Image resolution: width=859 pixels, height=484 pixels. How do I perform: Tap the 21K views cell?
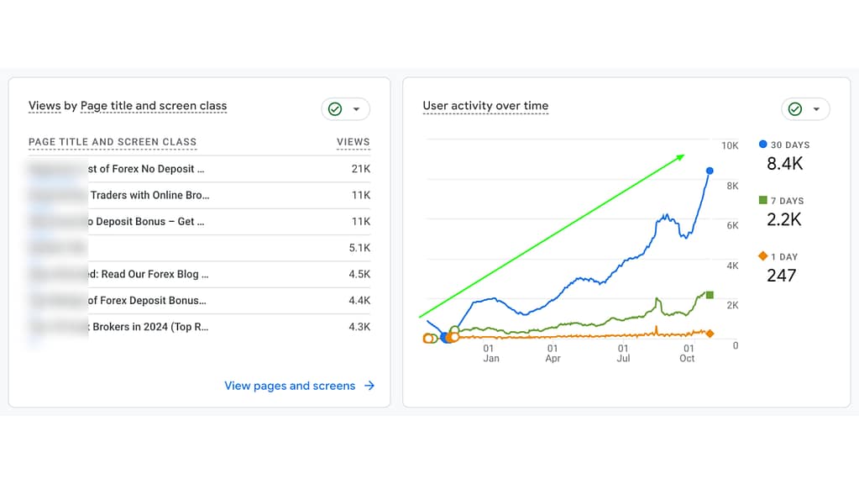[360, 169]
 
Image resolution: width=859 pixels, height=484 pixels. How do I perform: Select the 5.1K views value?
[359, 248]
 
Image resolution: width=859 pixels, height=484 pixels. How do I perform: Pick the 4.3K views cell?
[359, 327]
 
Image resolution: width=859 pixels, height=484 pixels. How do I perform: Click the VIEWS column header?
[353, 142]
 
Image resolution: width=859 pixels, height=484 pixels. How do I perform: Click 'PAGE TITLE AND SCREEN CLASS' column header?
[113, 142]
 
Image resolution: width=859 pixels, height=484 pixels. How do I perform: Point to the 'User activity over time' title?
[485, 106]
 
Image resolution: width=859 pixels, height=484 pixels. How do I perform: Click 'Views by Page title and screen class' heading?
[128, 106]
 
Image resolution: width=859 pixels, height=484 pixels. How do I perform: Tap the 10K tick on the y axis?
[730, 146]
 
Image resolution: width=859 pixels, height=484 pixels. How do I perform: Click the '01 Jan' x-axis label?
[490, 353]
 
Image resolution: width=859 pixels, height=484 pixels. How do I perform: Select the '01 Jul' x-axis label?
[623, 353]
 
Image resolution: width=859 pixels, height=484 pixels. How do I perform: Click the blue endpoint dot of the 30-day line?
[710, 171]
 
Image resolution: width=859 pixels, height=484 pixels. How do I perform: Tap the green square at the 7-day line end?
[710, 295]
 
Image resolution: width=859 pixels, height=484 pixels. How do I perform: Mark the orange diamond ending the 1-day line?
[710, 334]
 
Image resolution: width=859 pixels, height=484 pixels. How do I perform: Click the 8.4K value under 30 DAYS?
[784, 164]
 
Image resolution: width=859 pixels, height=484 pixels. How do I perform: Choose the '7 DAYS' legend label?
[786, 201]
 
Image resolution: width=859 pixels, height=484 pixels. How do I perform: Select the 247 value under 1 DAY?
[781, 276]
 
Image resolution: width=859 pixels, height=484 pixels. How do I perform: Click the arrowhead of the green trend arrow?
[681, 156]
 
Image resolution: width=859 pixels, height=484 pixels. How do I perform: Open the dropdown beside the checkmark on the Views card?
[356, 109]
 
